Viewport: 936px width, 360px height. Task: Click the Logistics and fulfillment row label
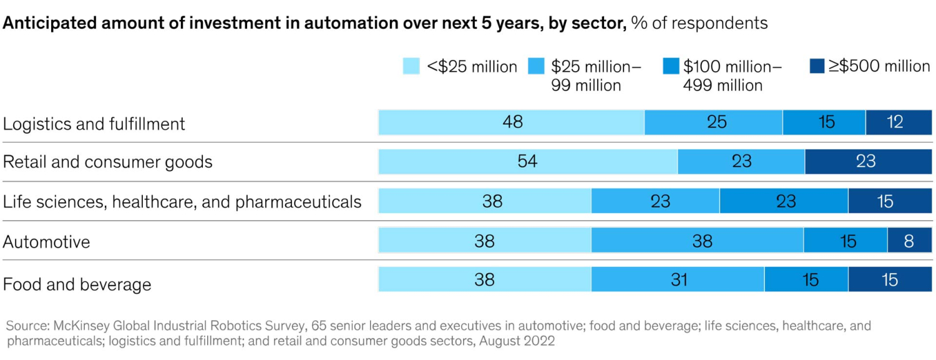[x=94, y=124]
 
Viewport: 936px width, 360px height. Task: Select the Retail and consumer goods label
[x=108, y=162]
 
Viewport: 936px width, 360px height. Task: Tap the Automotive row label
[x=47, y=241]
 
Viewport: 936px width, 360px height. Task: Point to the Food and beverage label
[x=77, y=285]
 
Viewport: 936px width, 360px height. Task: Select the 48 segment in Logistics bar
[x=511, y=122]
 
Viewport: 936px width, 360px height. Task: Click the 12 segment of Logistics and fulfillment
[x=894, y=122]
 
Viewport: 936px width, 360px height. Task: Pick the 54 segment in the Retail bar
[x=527, y=162]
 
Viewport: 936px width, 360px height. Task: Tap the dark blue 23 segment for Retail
[x=865, y=162]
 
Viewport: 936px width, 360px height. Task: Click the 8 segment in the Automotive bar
[x=908, y=241]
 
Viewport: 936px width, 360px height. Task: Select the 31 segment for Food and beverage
[x=678, y=280]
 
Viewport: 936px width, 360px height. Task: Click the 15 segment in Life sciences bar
[x=884, y=201]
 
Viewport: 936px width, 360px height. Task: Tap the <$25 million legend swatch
[x=411, y=67]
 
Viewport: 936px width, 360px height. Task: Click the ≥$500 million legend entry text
[x=879, y=66]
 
